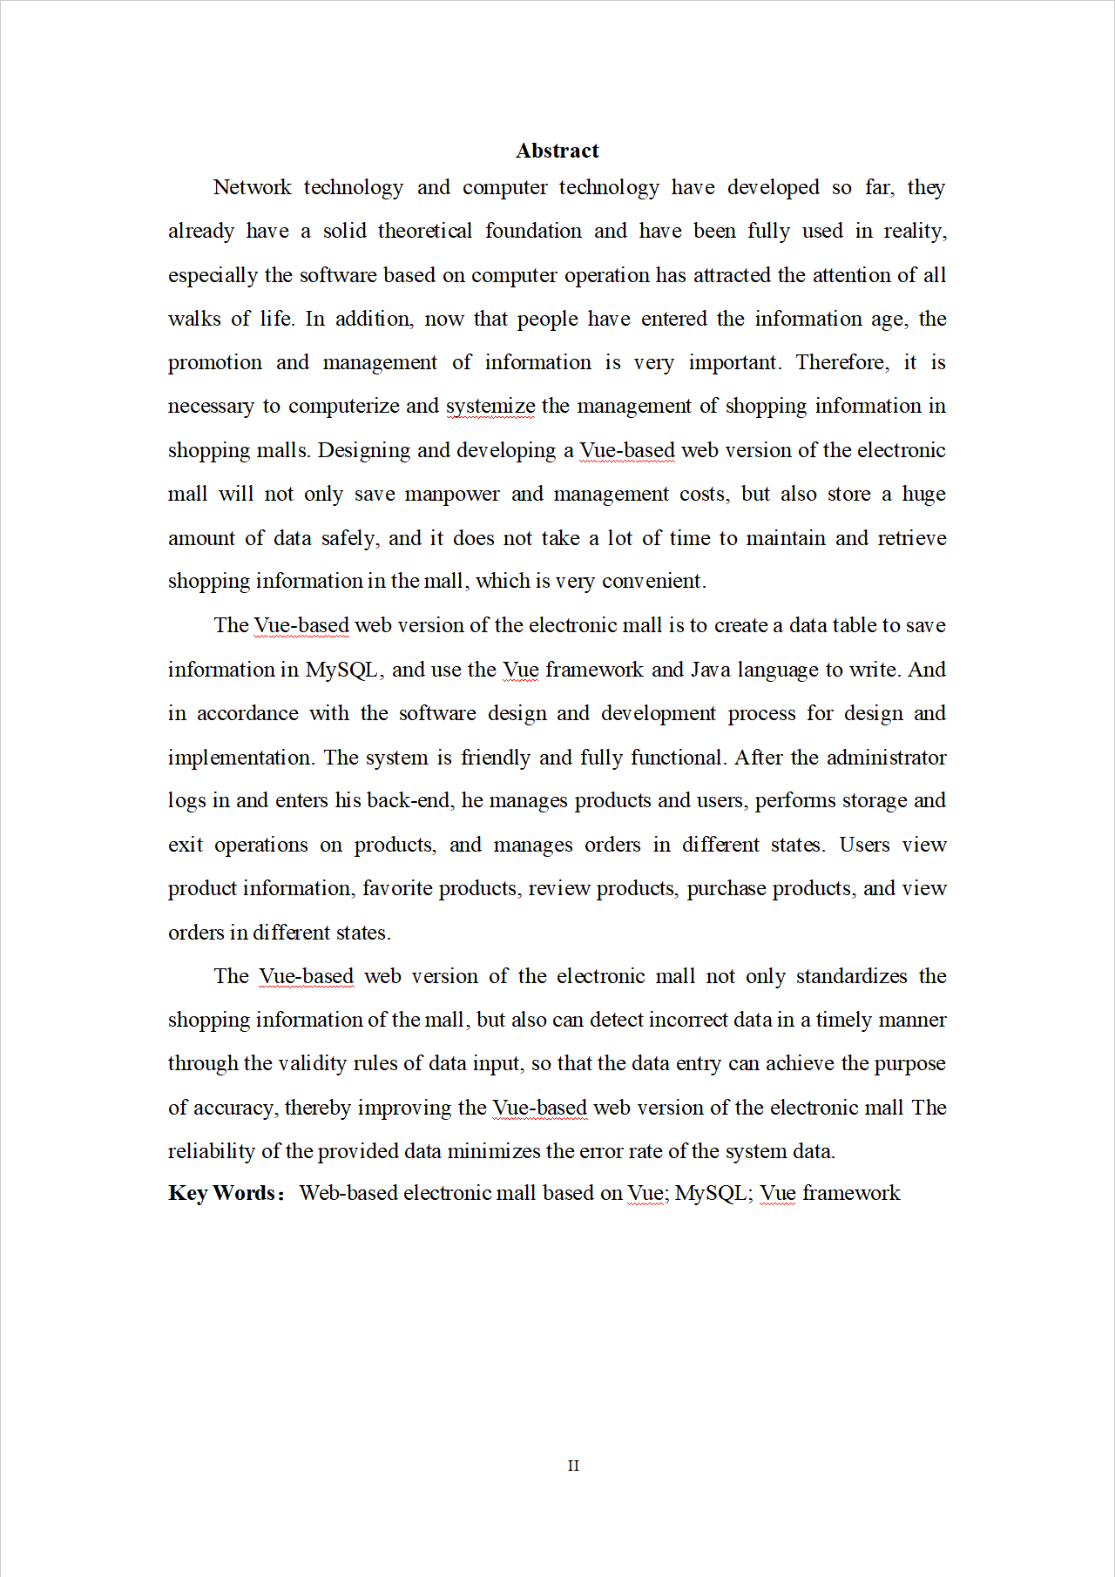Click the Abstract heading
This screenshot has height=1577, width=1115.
(557, 151)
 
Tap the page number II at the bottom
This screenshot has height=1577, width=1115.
(573, 1466)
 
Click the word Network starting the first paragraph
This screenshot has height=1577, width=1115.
(252, 187)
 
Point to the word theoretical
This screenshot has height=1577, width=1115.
(425, 231)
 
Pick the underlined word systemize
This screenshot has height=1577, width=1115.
(490, 406)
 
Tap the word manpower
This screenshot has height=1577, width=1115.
(452, 494)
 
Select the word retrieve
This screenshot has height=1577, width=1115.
(912, 538)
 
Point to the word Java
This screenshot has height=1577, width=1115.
(710, 670)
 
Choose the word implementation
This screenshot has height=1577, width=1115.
(240, 758)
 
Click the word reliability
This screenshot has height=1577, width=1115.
(212, 1151)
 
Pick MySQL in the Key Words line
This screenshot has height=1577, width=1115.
(711, 1193)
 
